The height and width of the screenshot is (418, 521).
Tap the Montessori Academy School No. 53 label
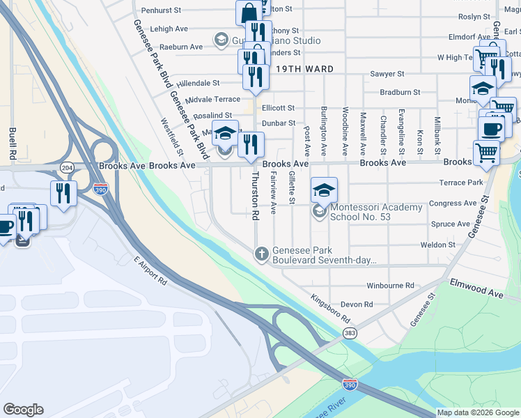tap(376, 212)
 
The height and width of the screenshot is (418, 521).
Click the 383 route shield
tap(350, 334)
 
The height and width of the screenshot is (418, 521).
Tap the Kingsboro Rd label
tap(330, 307)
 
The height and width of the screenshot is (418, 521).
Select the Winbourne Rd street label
tap(390, 286)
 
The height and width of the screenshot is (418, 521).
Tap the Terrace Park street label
tap(460, 183)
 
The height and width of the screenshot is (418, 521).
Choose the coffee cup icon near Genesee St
tap(490, 130)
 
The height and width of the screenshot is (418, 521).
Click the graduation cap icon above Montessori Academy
tap(324, 189)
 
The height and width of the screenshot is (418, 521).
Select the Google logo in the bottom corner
tap(23, 410)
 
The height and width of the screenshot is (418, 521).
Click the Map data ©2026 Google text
tap(478, 412)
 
